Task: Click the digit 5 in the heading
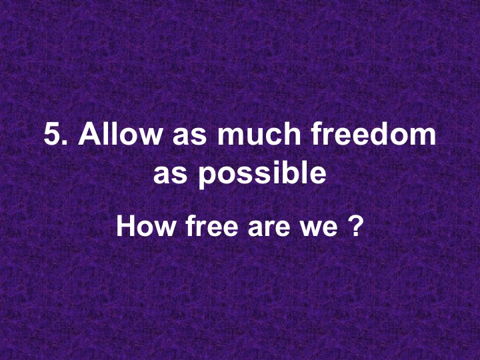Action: click(53, 135)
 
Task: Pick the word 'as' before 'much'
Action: click(188, 138)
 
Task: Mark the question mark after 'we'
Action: click(355, 227)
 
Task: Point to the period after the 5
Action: click(67, 144)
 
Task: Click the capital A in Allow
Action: click(89, 135)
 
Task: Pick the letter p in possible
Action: click(209, 177)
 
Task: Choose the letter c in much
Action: click(269, 138)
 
